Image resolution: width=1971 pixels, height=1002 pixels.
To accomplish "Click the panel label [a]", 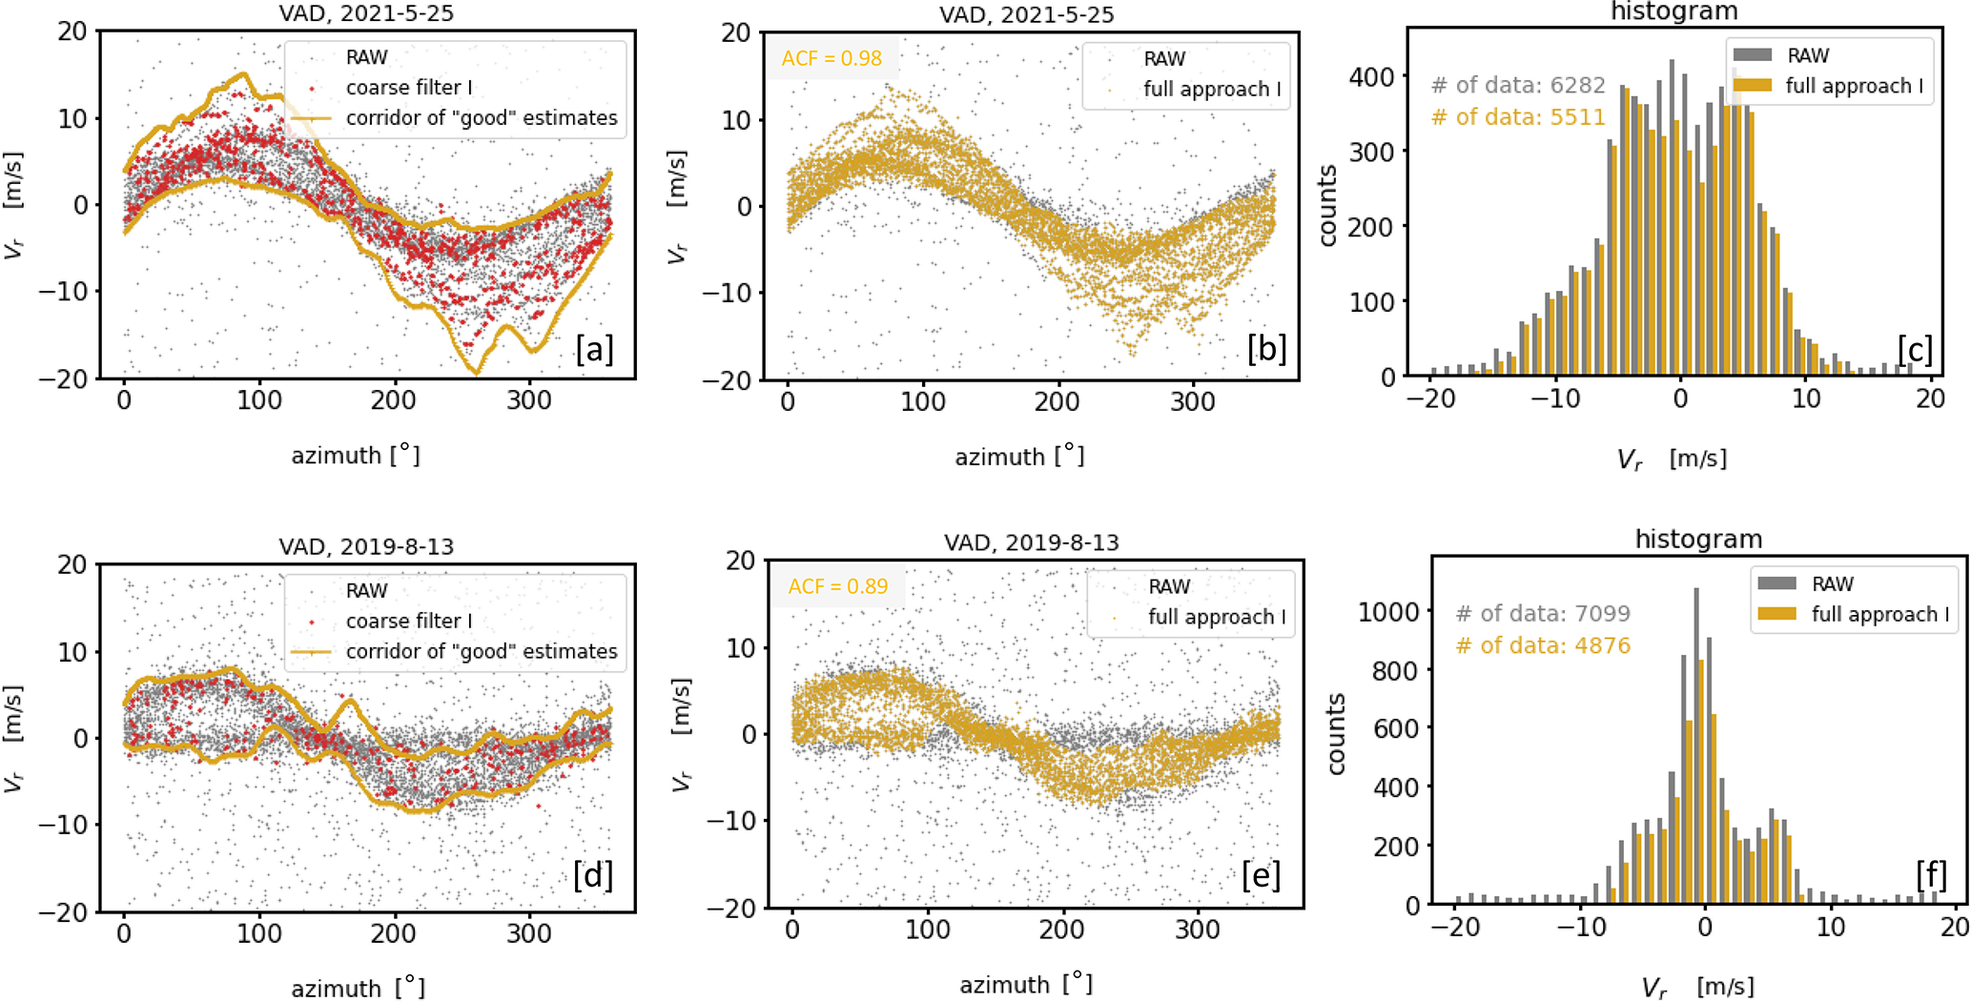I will pyautogui.click(x=593, y=350).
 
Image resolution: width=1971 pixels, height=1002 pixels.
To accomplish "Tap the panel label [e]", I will pyautogui.click(x=1261, y=874).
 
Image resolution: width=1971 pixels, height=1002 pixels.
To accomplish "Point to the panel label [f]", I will pyautogui.click(x=1931, y=874).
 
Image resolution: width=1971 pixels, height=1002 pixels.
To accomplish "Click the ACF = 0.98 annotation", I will pyautogui.click(x=832, y=58).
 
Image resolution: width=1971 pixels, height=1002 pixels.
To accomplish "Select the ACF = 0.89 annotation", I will pyautogui.click(x=837, y=586).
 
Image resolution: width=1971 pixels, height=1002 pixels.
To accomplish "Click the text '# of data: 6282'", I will pyautogui.click(x=1518, y=85).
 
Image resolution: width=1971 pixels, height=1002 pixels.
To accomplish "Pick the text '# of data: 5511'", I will pyautogui.click(x=1518, y=117).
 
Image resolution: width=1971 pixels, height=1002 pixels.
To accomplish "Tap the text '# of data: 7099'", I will pyautogui.click(x=1543, y=613).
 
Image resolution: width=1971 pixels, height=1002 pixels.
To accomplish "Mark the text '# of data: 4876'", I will pyautogui.click(x=1543, y=645).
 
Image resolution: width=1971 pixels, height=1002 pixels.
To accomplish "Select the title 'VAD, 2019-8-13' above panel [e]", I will pyautogui.click(x=1032, y=542).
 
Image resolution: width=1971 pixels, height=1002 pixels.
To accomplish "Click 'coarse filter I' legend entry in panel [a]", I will pyautogui.click(x=409, y=88).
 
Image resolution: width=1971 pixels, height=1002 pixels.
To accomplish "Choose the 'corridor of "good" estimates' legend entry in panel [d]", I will pyautogui.click(x=481, y=651).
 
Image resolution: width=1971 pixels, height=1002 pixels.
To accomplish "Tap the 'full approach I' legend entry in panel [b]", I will pyautogui.click(x=1211, y=90).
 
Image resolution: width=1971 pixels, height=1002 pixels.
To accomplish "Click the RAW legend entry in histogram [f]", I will pyautogui.click(x=1832, y=583).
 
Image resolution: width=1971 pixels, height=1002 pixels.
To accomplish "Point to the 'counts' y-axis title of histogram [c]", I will pyautogui.click(x=1326, y=206).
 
